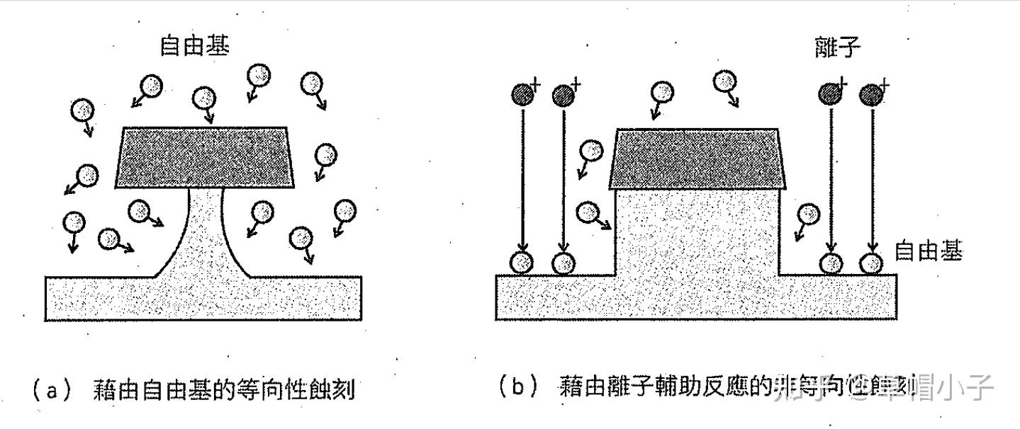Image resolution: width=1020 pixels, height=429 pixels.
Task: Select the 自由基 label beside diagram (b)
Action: point(928,251)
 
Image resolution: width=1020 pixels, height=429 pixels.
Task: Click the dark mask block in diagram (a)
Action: point(206,157)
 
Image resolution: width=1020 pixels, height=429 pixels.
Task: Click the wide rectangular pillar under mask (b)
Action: point(697,234)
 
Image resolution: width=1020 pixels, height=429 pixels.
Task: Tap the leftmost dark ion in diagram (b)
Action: point(522,94)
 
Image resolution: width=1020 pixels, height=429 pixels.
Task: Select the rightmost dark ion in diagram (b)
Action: point(870,94)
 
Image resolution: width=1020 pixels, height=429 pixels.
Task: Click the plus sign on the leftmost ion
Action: point(535,84)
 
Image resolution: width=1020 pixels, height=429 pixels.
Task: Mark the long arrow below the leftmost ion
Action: point(522,177)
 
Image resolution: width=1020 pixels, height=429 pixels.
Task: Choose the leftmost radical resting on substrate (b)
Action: point(522,263)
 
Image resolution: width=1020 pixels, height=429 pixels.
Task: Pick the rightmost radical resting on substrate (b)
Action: point(870,263)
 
